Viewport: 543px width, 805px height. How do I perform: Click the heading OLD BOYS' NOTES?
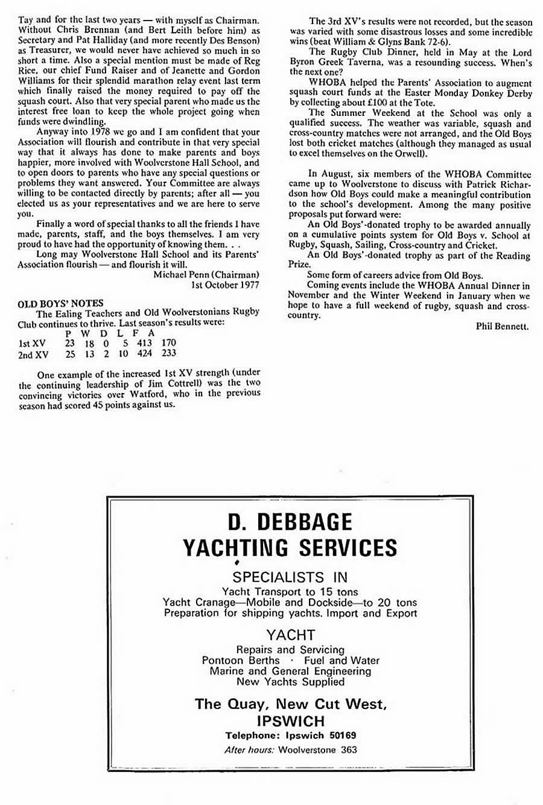click(60, 303)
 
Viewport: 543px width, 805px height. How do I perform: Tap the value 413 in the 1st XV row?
click(144, 343)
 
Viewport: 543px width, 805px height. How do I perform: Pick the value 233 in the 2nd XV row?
click(168, 353)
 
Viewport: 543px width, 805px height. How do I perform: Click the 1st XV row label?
click(32, 343)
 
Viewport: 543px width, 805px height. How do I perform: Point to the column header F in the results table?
click(137, 333)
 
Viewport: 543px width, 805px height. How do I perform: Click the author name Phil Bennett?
click(502, 327)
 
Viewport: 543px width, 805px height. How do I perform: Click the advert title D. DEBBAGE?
click(290, 522)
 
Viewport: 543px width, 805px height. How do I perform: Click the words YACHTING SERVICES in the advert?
click(290, 548)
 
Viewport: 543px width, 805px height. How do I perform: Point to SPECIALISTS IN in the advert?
click(290, 577)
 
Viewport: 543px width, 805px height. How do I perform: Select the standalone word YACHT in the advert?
click(290, 635)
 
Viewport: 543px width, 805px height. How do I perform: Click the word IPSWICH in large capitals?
click(290, 721)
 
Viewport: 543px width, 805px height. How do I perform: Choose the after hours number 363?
click(348, 749)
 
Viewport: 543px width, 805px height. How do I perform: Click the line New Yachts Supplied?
click(290, 682)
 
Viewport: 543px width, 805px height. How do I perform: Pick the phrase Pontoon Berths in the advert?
click(241, 660)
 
